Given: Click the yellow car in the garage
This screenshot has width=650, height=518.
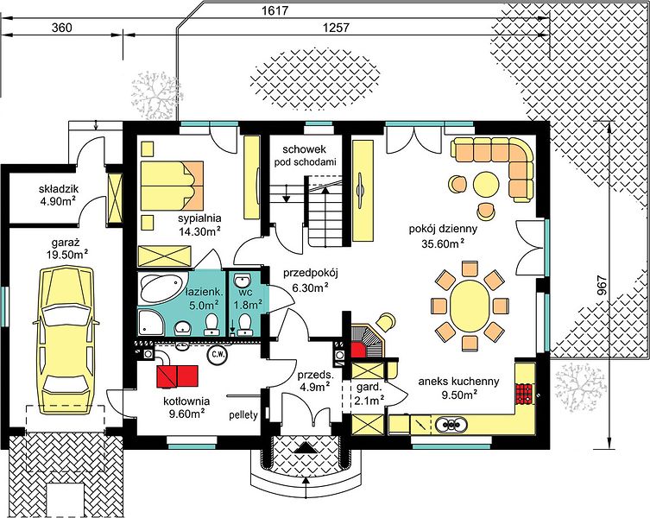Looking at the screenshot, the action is tap(66, 340).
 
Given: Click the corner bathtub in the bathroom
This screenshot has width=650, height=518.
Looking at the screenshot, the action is tap(161, 288).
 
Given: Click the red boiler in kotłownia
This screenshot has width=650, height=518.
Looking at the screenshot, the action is tap(177, 376).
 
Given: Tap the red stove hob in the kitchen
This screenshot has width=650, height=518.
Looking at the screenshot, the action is tap(524, 394).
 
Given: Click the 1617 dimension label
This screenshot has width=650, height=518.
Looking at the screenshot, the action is tap(275, 10).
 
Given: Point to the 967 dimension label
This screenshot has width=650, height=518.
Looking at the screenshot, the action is tap(603, 286).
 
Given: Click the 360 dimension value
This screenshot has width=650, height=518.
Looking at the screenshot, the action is tap(62, 28).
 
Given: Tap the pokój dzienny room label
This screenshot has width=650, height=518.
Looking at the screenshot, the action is tap(443, 229).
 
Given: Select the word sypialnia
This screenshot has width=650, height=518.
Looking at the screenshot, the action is tap(199, 218).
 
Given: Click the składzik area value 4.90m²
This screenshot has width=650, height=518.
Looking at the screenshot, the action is tap(58, 202).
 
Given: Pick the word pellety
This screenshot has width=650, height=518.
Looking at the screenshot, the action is tap(243, 414).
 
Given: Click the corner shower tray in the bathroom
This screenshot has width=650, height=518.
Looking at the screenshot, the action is tap(151, 321).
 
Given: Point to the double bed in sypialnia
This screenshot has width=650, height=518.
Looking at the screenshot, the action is tap(172, 185).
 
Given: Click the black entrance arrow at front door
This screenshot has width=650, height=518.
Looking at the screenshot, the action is tap(306, 447).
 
